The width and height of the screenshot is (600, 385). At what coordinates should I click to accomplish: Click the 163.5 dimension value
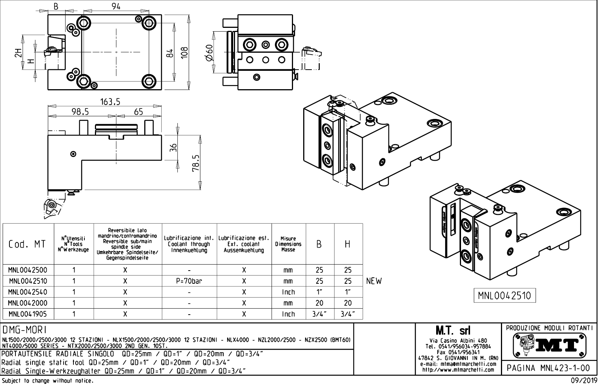tap(110, 102)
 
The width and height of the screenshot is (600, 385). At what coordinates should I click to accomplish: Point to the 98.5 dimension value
tap(80, 112)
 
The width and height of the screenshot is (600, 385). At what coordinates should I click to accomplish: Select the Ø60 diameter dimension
tap(209, 52)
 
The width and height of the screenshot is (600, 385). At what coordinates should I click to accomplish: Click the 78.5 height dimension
tap(196, 163)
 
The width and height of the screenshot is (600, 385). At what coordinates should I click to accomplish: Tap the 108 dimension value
tap(185, 53)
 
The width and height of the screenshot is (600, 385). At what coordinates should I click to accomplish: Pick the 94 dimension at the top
tap(116, 6)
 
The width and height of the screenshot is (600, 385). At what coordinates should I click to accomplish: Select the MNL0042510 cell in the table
tap(28, 281)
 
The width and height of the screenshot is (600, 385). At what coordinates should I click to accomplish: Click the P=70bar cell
tap(189, 281)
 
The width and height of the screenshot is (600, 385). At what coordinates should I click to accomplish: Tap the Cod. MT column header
tap(27, 244)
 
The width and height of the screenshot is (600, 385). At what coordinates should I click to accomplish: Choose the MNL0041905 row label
tap(28, 314)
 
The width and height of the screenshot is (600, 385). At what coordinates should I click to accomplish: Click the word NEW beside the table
tap(374, 281)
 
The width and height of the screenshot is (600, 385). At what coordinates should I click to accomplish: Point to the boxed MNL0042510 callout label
tap(504, 296)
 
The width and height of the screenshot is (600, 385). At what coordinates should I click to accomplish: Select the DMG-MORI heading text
tap(24, 330)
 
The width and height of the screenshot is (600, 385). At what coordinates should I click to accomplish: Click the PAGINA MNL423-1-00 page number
tap(549, 368)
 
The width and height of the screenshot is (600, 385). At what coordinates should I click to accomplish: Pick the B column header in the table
tap(319, 244)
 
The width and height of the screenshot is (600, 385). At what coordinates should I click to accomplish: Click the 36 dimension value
tap(173, 148)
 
